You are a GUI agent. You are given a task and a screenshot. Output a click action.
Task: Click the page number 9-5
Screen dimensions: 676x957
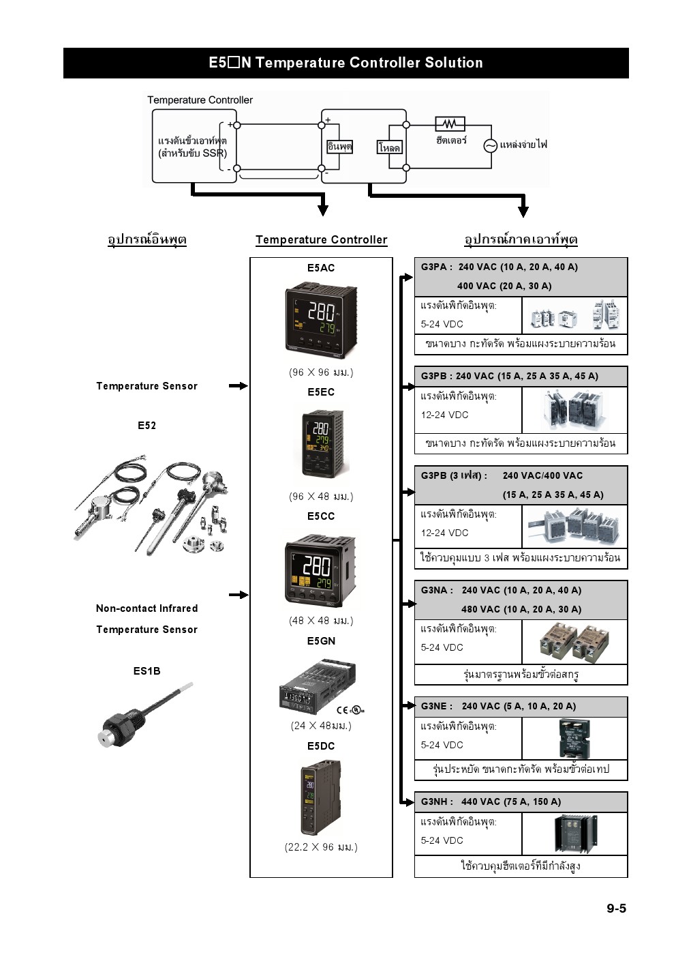pyautogui.click(x=616, y=908)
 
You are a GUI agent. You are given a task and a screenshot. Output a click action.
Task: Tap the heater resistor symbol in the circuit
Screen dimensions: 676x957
pyautogui.click(x=450, y=124)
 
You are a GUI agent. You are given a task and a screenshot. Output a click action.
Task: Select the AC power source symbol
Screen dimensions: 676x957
pyautogui.click(x=491, y=146)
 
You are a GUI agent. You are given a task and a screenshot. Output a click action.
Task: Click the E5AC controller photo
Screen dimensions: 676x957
pyautogui.click(x=321, y=320)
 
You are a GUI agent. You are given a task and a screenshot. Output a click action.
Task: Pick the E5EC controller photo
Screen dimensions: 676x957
pyautogui.click(x=322, y=443)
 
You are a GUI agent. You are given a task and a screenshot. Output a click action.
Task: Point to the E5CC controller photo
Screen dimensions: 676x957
pyautogui.click(x=320, y=570)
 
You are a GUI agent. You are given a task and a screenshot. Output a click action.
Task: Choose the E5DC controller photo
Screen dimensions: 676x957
pyautogui.click(x=320, y=797)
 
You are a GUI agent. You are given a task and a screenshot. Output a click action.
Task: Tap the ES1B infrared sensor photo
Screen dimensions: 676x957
pyautogui.click(x=145, y=715)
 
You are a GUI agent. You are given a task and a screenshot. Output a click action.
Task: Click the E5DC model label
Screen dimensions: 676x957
pyautogui.click(x=321, y=746)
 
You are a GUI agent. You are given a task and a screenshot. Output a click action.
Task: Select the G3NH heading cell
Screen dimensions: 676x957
pyautogui.click(x=521, y=802)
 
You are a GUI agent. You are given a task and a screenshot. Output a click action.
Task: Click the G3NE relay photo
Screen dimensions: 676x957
pyautogui.click(x=574, y=738)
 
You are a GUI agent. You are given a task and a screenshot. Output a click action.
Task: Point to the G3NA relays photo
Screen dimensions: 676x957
pyautogui.click(x=574, y=642)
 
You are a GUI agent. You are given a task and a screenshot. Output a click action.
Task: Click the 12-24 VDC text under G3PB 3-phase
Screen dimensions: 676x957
pyautogui.click(x=444, y=533)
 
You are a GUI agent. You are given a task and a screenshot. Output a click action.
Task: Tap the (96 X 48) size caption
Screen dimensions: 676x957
pyautogui.click(x=321, y=497)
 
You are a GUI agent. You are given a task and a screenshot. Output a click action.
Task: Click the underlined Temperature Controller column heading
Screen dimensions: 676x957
pyautogui.click(x=322, y=239)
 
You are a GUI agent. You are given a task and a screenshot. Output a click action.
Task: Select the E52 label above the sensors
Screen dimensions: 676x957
pyautogui.click(x=147, y=426)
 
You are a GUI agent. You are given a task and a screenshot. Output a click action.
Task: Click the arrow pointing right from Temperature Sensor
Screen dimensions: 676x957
pyautogui.click(x=238, y=386)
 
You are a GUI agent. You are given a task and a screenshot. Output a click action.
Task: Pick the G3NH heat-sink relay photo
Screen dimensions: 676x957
pyautogui.click(x=575, y=834)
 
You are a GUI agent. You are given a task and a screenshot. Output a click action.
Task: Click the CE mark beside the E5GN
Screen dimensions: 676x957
pyautogui.click(x=342, y=710)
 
